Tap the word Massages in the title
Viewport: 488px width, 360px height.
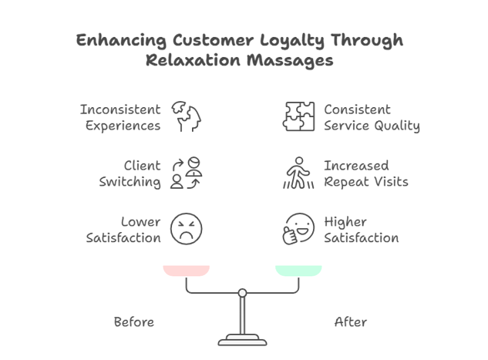tap(294, 61)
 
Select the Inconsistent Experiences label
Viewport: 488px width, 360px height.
tap(120, 117)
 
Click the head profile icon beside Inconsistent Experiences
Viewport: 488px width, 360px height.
tap(186, 116)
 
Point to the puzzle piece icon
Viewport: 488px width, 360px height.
tap(298, 116)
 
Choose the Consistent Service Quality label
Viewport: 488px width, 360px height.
tap(371, 117)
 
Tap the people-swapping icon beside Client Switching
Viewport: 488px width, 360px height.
tap(186, 173)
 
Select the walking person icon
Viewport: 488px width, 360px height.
tap(298, 173)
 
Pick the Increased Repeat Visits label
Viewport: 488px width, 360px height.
tap(365, 173)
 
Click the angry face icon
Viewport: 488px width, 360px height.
tap(186, 229)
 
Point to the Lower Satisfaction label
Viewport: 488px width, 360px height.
tap(123, 230)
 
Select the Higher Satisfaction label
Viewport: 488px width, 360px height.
tap(361, 230)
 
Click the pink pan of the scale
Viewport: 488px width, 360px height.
tap(187, 271)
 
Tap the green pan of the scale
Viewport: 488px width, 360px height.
tap(298, 271)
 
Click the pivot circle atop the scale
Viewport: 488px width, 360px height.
tap(242, 292)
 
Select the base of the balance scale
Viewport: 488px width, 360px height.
tap(242, 340)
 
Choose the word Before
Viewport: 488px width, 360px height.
tap(133, 321)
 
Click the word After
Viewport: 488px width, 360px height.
tap(350, 321)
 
